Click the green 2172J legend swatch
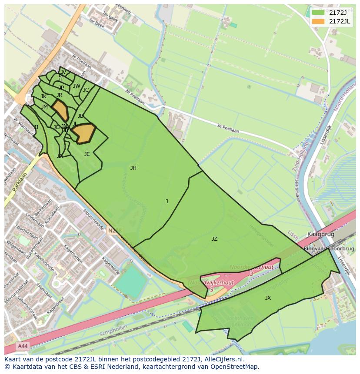coord(318,13)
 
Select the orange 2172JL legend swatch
coord(318,21)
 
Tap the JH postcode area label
coord(133,168)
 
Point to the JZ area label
coord(214,239)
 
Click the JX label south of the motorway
coord(268,298)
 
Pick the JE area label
coord(87,154)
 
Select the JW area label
coord(77,86)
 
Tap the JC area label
coord(86,90)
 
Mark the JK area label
coord(43,96)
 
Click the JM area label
coord(44,107)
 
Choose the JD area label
coord(80,116)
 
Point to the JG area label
coord(57,127)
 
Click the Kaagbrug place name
coord(320,234)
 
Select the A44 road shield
coord(23,346)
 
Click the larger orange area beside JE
coord(84,133)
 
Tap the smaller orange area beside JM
coord(60,109)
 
